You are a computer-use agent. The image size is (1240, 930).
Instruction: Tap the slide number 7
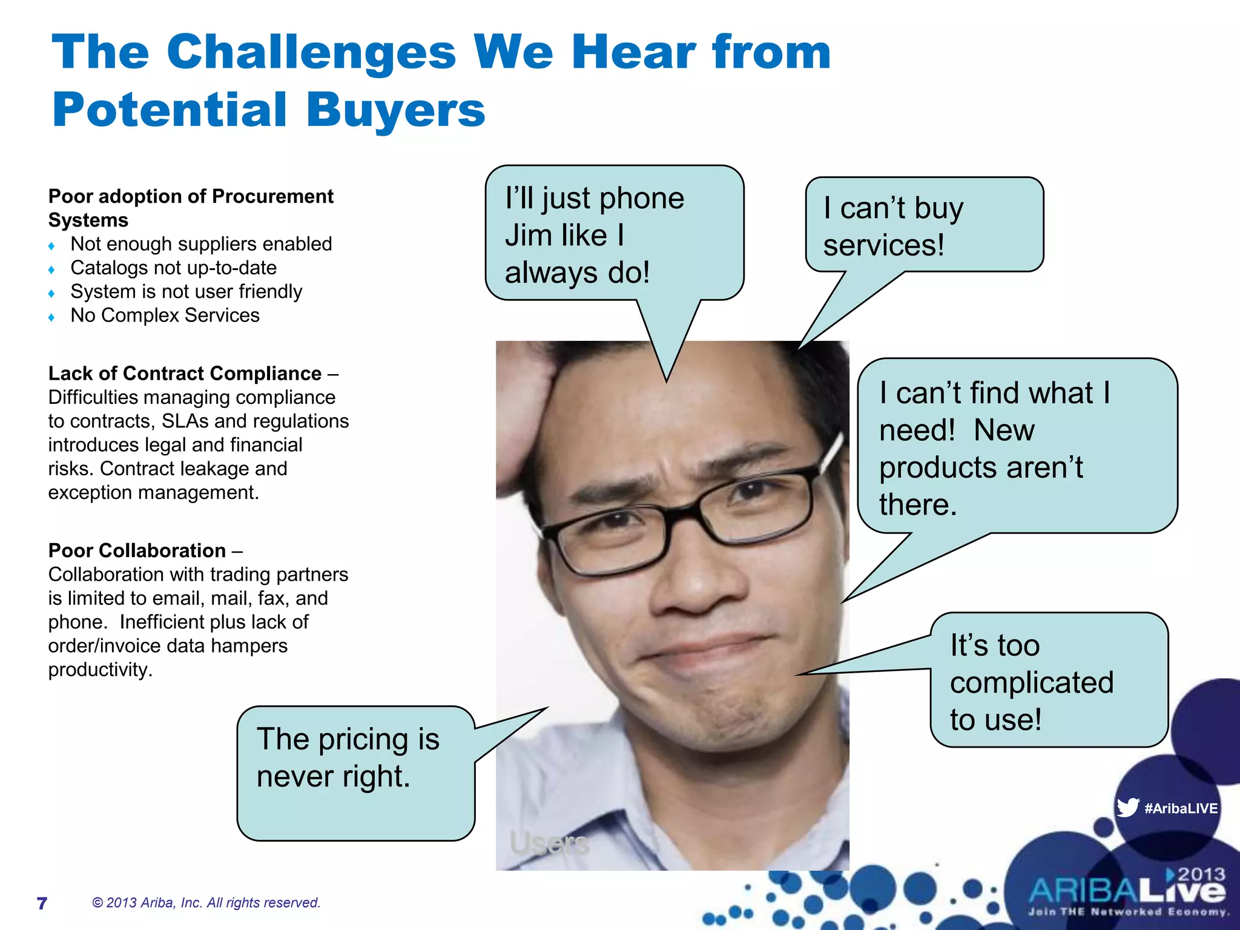42,903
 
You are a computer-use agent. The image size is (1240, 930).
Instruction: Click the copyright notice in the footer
206,903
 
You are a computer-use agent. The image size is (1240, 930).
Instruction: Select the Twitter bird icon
1127,808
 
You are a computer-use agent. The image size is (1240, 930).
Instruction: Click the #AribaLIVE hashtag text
1181,808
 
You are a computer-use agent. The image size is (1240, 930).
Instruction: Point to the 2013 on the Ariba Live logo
1201,874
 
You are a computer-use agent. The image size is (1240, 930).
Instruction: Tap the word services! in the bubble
883,245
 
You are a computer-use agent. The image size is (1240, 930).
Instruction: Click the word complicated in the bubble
1031,682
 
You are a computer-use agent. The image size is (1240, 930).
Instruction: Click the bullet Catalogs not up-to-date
173,268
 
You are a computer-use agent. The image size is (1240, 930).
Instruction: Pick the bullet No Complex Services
165,315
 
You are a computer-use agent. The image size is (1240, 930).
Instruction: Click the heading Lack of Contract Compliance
185,374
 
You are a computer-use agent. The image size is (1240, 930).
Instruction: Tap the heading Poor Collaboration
137,550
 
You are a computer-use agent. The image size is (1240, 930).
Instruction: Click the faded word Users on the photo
549,843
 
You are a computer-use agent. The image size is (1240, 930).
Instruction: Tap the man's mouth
696,651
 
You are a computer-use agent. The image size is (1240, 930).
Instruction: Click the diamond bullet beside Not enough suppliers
51,245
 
